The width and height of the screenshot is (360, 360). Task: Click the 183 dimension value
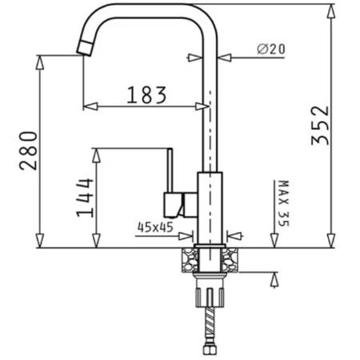[147, 94]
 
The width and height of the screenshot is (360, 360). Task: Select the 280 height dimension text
[28, 150]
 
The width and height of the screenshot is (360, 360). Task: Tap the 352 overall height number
[320, 126]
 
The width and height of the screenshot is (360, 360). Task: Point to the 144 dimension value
[85, 198]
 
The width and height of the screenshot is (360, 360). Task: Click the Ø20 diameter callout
[271, 49]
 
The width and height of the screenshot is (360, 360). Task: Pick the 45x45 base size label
[155, 227]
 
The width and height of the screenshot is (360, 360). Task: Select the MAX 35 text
[283, 203]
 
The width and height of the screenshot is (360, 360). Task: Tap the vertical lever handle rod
[170, 170]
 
